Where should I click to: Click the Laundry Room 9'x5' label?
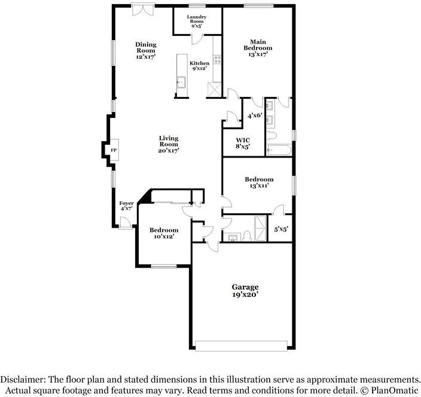(197, 22)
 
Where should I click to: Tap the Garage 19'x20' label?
(245, 290)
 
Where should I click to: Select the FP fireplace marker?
(114, 150)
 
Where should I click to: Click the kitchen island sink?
(181, 82)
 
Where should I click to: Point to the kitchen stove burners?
(217, 59)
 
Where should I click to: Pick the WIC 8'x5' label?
(243, 143)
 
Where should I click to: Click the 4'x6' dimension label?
(255, 116)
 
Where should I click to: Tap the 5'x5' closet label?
(281, 229)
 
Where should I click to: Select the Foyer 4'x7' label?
(126, 205)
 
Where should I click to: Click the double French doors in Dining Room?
(143, 9)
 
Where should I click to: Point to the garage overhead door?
(242, 346)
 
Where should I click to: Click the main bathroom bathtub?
(279, 150)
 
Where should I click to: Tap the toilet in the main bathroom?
(271, 135)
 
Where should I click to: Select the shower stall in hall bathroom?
(261, 228)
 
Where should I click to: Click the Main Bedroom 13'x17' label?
(258, 48)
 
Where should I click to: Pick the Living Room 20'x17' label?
(169, 144)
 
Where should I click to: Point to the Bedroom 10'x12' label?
(164, 234)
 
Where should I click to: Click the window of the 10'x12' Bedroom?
(164, 266)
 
